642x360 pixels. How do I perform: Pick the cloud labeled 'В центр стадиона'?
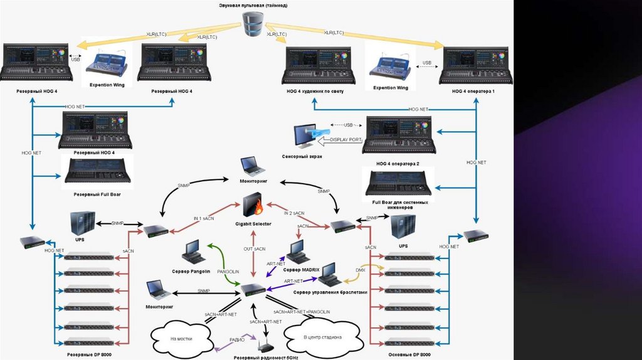pyautogui.click(x=322, y=337)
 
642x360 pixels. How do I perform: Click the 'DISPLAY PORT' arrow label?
pyautogui.click(x=345, y=140)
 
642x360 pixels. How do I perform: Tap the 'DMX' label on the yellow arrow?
pyautogui.click(x=360, y=270)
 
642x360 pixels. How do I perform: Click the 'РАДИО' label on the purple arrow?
pyautogui.click(x=237, y=339)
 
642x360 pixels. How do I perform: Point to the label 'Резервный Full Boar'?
pyautogui.click(x=97, y=194)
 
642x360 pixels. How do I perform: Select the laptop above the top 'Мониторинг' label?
pyautogui.click(x=253, y=166)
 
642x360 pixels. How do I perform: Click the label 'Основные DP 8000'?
pyautogui.click(x=410, y=355)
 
